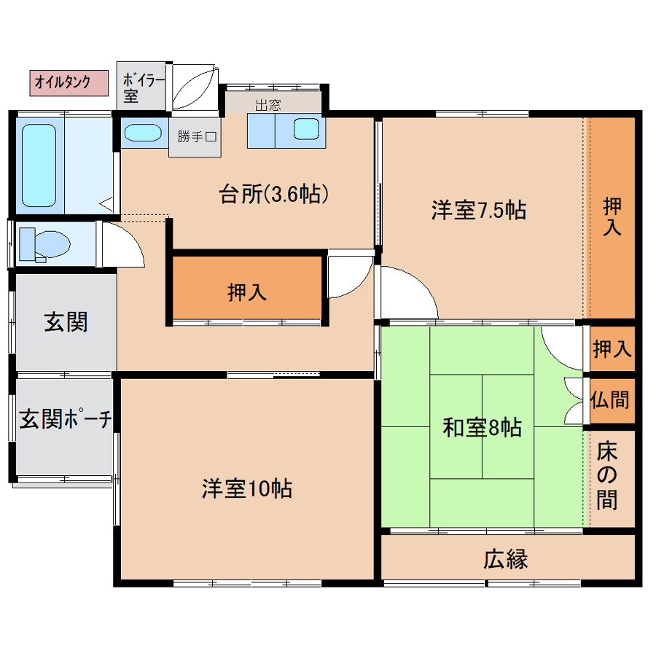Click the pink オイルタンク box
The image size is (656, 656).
point(69,83)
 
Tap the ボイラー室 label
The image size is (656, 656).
point(143,88)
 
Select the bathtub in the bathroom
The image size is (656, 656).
point(39,165)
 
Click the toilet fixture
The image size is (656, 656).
point(44,245)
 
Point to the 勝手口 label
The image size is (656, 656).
point(197,136)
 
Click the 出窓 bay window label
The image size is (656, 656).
point(268,105)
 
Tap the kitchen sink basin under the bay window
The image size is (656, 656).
point(306,129)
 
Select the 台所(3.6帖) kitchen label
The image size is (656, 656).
point(274,194)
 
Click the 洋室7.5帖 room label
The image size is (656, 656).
point(479,210)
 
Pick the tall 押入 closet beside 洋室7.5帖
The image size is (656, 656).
point(612,217)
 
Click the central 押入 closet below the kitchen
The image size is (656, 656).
point(247,287)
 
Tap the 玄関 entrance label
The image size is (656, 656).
point(66,322)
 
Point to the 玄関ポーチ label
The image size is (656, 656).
point(66,419)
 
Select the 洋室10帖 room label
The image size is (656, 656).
point(247,488)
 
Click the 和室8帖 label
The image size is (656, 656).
point(483,428)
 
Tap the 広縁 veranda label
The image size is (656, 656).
point(506,559)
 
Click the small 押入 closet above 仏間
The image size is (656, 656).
point(612,348)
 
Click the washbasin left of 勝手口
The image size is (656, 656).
point(143,133)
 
